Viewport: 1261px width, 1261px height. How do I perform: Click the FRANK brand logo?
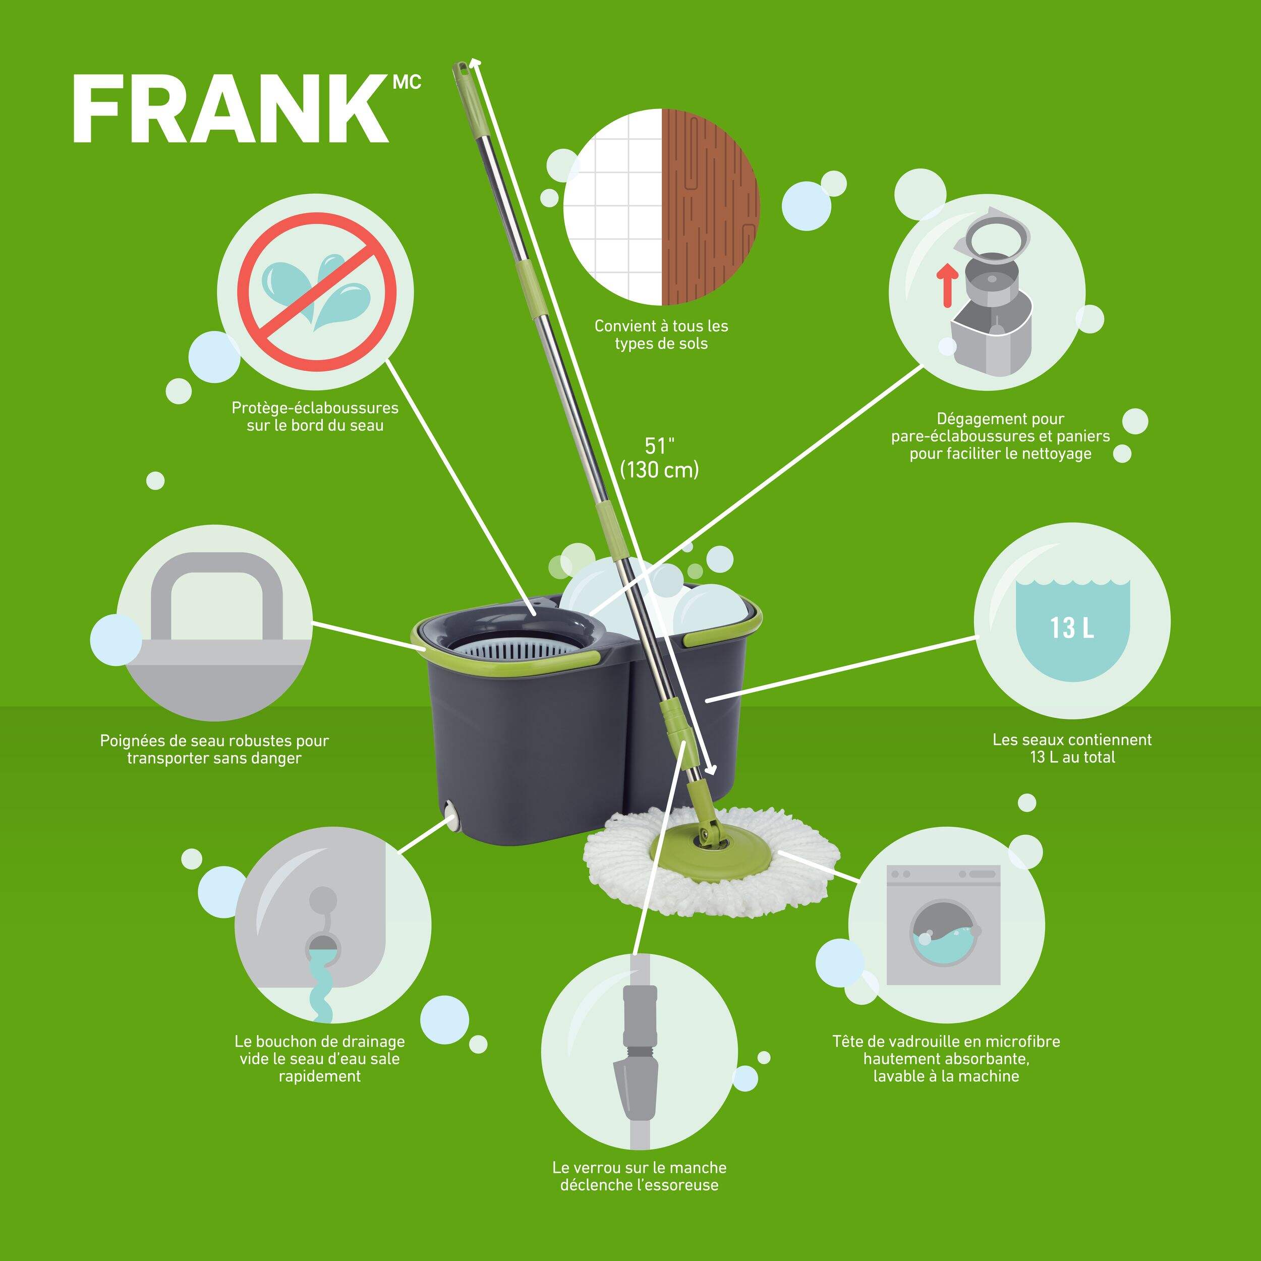[231, 108]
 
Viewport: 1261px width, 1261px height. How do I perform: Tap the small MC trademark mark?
[407, 83]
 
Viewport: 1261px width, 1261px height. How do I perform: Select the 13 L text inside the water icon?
[1072, 628]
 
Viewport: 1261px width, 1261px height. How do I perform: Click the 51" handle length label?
[659, 446]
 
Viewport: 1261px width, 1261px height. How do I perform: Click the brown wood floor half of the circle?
[710, 207]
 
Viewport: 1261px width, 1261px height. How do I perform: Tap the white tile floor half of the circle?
[612, 207]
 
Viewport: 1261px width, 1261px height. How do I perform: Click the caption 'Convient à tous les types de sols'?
[661, 335]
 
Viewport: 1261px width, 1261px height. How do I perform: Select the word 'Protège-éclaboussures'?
[315, 408]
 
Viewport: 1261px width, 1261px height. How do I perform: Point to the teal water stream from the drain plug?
[320, 986]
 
